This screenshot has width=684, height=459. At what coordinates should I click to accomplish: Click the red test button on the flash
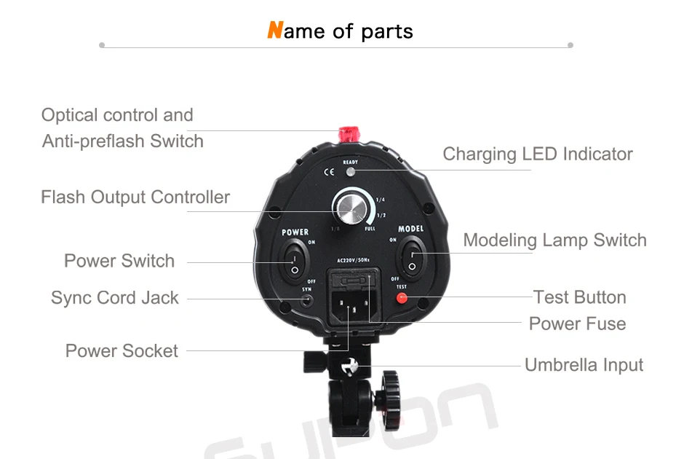coord(401,298)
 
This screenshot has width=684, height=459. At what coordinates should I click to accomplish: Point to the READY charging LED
coord(351,172)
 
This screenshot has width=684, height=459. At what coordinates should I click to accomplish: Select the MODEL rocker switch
coord(412,259)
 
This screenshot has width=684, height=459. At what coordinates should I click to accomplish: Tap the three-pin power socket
coord(349,308)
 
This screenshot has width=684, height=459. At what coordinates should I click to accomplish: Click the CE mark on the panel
coord(328,173)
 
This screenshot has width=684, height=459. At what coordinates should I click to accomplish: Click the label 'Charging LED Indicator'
coord(538,154)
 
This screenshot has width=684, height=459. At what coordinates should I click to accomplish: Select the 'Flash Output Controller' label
coord(135,197)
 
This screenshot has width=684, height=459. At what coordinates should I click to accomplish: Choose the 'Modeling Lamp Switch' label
coord(554,240)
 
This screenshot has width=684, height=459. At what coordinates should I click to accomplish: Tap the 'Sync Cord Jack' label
coord(115,298)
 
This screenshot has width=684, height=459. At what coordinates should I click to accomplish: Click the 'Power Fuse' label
coord(577,323)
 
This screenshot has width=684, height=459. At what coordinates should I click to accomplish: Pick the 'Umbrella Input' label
coord(584,365)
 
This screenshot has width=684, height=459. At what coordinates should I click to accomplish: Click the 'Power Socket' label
coord(122,351)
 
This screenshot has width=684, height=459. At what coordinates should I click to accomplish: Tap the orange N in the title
coord(274,31)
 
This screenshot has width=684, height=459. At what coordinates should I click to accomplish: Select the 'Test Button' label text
coord(579,297)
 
